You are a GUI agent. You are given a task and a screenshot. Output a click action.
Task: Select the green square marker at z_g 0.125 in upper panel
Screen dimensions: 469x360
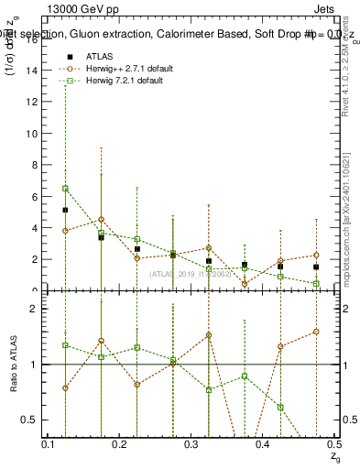[x=65, y=189]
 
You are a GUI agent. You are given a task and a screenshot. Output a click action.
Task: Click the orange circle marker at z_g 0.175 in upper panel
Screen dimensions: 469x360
[x=101, y=220]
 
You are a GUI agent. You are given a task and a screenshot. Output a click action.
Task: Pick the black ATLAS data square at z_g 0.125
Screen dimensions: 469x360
[x=65, y=210]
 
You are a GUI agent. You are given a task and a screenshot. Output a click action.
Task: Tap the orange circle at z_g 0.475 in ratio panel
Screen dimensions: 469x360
[x=316, y=332]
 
